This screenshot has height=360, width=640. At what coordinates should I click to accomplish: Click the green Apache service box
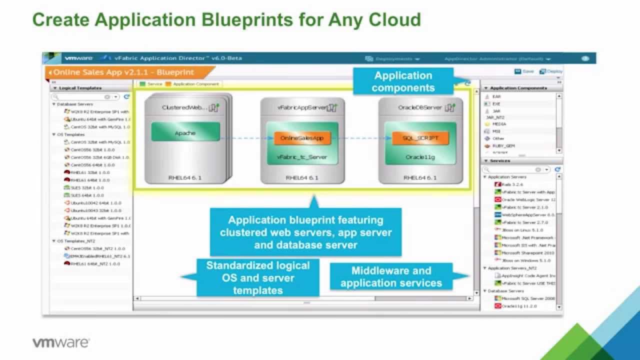click(185, 133)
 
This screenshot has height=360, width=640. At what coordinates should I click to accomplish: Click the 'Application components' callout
click(403, 81)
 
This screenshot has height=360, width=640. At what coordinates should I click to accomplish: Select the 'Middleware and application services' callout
click(391, 276)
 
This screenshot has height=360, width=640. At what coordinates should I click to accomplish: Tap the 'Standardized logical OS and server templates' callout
click(258, 277)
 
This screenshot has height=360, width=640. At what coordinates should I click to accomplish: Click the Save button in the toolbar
click(524, 71)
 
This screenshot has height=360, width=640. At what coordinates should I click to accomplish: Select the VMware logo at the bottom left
click(61, 343)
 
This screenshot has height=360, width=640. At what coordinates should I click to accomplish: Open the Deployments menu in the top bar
click(393, 58)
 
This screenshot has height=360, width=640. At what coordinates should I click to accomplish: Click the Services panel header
click(500, 161)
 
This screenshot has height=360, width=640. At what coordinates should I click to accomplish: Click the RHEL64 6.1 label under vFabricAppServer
click(302, 177)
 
